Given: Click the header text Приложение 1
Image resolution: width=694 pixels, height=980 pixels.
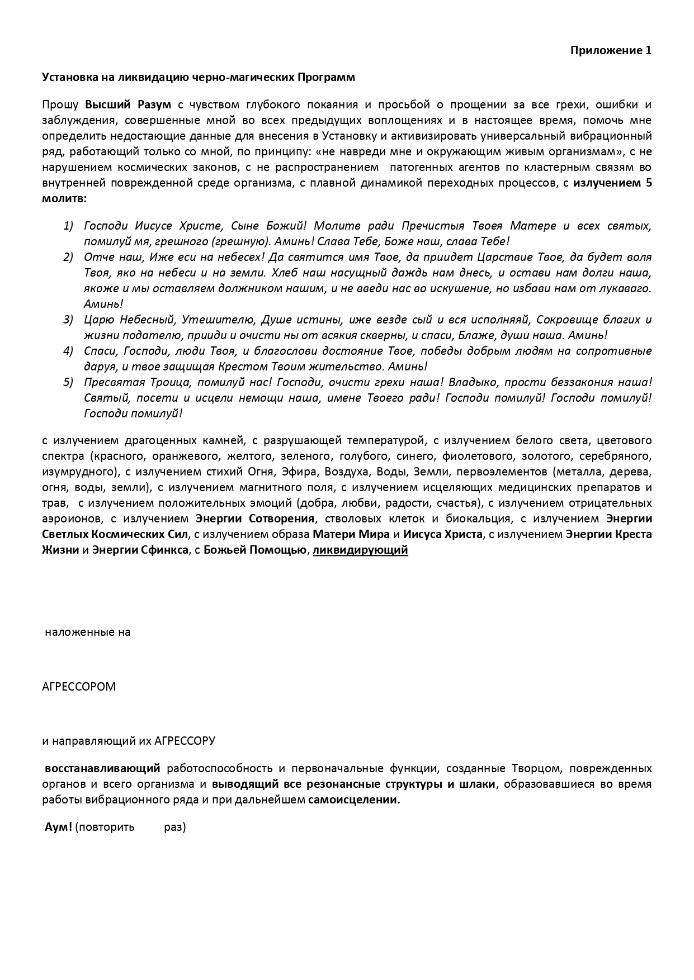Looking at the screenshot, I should pos(611,50).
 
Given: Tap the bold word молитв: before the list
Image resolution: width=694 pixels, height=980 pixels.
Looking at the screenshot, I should pos(64,199).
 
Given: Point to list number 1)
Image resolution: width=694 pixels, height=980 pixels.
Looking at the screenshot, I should pos(68,226).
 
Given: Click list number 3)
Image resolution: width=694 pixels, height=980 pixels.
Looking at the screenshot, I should pos(68,320).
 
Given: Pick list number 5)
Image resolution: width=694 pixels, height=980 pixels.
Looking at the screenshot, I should pos(68,382).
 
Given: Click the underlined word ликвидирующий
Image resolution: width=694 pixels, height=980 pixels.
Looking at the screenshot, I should pos(360,550).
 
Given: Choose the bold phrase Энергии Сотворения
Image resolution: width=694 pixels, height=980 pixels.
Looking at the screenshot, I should pos(256,518).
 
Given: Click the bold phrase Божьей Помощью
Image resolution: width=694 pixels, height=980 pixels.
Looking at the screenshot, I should pos(256,550).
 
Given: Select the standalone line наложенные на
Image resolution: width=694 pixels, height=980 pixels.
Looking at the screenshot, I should pos(88,632).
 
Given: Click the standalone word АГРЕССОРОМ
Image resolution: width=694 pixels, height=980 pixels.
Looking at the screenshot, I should pos(79,687).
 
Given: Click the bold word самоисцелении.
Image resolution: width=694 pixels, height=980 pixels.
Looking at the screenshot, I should pos(354,800).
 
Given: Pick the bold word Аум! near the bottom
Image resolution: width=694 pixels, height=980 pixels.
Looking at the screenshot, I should pos(59,827).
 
